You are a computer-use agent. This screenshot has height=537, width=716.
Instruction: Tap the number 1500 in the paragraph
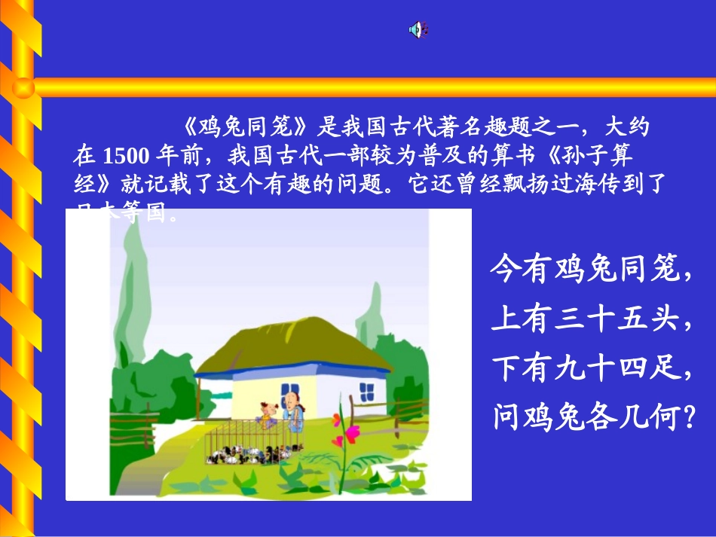tap(124, 156)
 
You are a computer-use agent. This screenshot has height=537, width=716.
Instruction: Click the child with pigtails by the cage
tap(265, 414)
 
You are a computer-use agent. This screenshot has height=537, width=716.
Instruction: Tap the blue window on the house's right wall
tap(366, 392)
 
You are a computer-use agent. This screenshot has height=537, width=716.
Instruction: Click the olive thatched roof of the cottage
tap(294, 354)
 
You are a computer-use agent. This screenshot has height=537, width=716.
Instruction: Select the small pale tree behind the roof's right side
tap(369, 316)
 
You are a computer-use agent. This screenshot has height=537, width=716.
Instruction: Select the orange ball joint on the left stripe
tap(23, 88)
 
